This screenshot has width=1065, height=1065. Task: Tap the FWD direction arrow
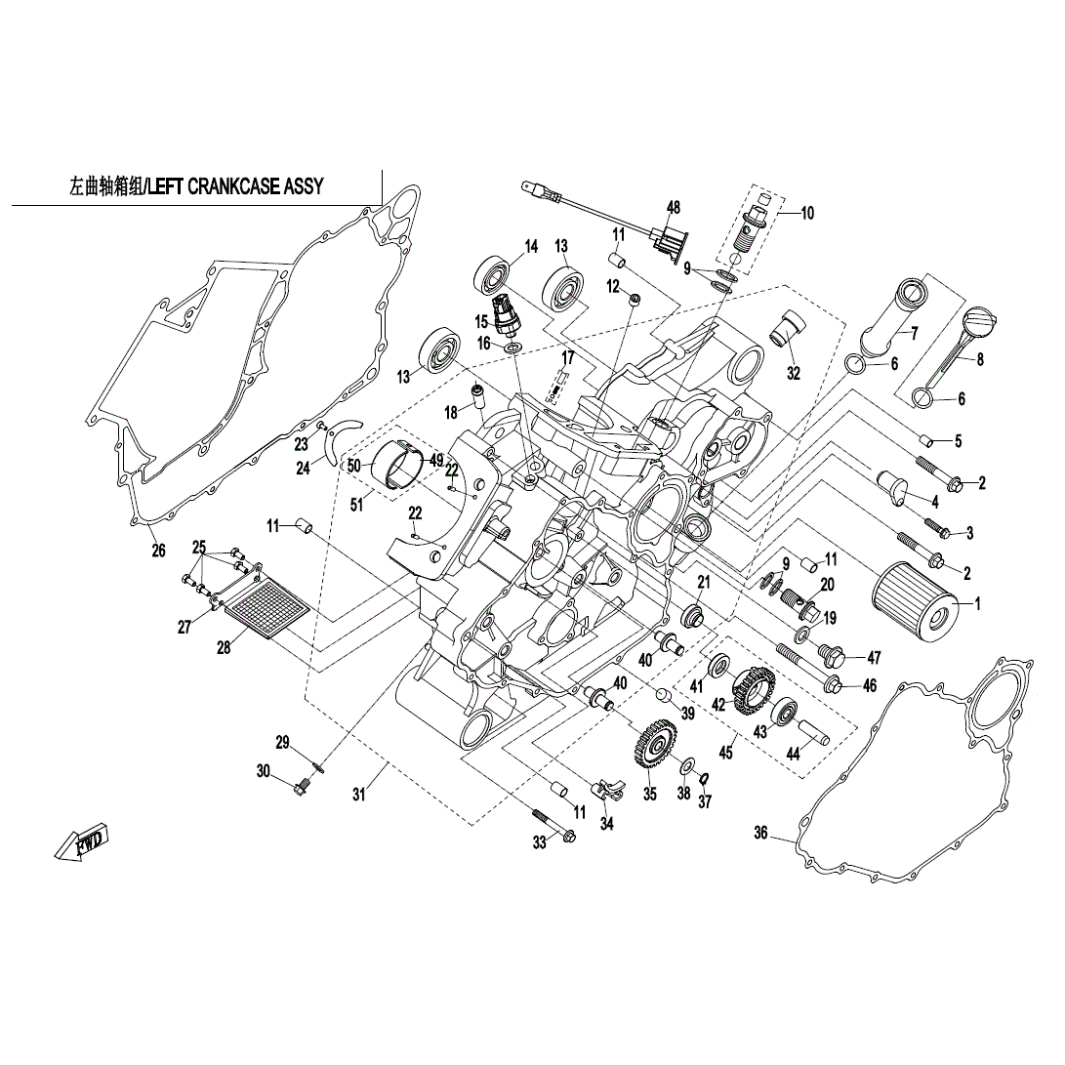(82, 841)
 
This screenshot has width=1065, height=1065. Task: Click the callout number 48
(673, 207)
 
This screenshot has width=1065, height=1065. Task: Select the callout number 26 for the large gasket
(158, 551)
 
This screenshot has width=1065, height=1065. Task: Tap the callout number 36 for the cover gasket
(761, 833)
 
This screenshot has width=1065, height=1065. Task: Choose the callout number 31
(358, 795)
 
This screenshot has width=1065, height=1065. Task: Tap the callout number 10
(807, 213)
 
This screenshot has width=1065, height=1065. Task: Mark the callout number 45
(724, 753)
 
